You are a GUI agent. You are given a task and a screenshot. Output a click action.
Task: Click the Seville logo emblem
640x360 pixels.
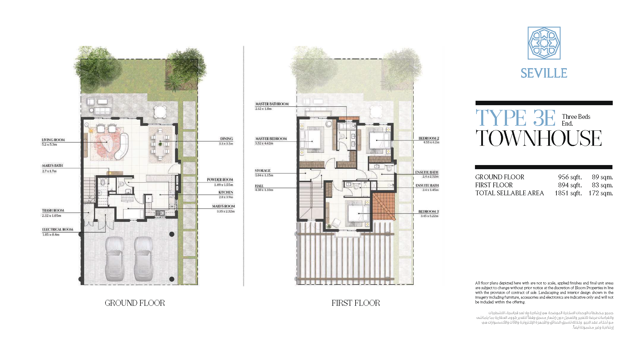coord(544,43)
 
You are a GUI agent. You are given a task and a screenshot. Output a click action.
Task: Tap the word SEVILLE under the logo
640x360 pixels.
coord(544,73)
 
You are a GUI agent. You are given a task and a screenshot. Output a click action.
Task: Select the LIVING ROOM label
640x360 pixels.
coord(53,140)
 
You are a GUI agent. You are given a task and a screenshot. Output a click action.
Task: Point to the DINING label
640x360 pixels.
coord(227,139)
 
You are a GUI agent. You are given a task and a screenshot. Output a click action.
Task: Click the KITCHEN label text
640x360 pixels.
coord(226,192)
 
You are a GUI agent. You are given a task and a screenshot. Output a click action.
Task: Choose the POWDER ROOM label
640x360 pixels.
coord(220,180)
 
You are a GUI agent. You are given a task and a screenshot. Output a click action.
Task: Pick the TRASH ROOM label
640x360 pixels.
coord(53,210)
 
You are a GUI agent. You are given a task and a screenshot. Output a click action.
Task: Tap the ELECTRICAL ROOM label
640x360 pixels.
coord(57,229)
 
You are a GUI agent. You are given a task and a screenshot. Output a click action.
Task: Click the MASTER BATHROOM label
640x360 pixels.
coord(272,104)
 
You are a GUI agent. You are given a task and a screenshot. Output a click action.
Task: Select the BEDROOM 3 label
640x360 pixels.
coord(428,212)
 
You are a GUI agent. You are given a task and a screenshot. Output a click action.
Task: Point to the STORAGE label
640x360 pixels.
coord(263,171)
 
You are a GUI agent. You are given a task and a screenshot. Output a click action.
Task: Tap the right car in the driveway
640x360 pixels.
coord(143,259)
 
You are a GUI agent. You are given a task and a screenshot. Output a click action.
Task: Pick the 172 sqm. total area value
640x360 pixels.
coord(601,193)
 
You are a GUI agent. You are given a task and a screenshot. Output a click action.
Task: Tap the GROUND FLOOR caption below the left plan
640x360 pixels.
coord(135,303)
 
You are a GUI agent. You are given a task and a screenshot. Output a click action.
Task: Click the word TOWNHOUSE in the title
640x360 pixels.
coord(539,138)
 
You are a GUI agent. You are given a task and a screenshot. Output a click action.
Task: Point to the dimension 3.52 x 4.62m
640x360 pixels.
coord(264,143)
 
